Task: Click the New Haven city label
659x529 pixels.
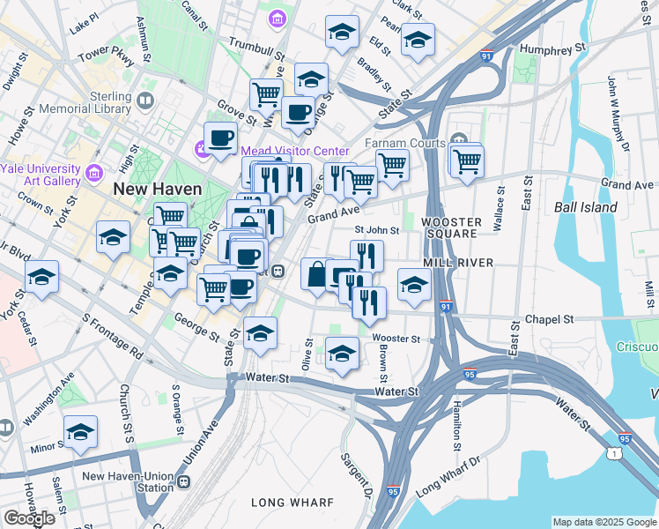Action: click(157, 189)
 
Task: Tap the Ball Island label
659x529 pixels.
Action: click(586, 207)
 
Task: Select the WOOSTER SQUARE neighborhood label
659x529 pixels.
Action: click(451, 229)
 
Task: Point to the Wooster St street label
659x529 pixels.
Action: click(396, 339)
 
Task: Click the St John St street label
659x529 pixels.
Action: click(377, 230)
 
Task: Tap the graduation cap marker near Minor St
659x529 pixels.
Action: click(80, 432)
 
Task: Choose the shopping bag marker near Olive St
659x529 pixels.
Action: click(316, 272)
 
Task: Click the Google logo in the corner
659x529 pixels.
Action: click(30, 518)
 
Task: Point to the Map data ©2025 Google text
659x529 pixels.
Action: click(603, 522)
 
